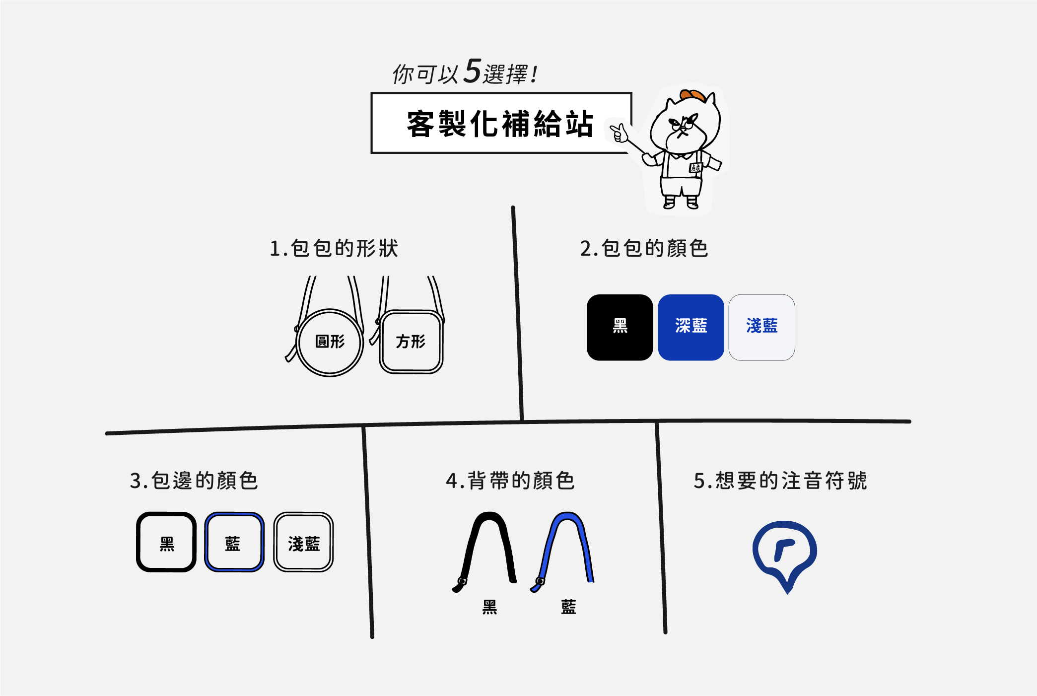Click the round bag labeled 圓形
click(330, 342)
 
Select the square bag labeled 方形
click(411, 342)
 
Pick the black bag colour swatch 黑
click(620, 327)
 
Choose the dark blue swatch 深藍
click(691, 327)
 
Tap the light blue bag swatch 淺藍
click(761, 327)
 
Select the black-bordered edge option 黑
click(166, 542)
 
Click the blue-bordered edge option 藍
click(234, 542)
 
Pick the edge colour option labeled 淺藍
click(303, 542)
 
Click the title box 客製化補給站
click(500, 123)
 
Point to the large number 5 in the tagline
click(472, 71)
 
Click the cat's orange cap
click(692, 95)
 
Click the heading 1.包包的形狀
click(334, 248)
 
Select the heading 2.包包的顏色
click(644, 248)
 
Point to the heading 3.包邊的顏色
click(194, 481)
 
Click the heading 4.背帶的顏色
click(510, 481)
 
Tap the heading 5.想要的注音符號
click(780, 481)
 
